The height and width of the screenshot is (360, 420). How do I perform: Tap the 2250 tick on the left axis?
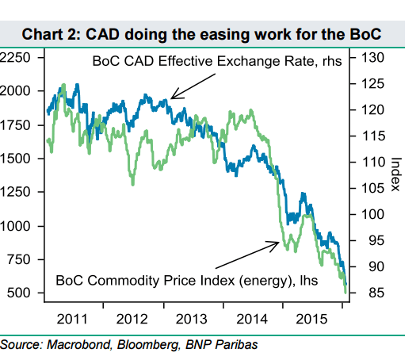click(15, 57)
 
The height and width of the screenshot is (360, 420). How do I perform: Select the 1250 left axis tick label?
click(15, 192)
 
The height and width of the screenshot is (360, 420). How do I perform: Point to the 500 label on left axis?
click(18, 293)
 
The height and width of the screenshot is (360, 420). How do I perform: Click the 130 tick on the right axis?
click(373, 57)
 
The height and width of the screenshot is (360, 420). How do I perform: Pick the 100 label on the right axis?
click(373, 214)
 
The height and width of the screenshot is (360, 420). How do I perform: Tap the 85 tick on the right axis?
click(376, 293)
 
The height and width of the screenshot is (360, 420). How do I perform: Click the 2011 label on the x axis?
click(72, 319)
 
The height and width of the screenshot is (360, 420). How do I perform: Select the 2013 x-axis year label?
click(191, 319)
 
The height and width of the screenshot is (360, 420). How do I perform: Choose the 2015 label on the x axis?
click(311, 319)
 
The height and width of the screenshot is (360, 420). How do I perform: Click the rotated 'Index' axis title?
click(396, 174)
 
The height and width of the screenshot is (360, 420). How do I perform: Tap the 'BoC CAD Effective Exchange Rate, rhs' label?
click(217, 61)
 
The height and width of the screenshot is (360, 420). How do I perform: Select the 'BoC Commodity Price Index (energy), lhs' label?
click(187, 281)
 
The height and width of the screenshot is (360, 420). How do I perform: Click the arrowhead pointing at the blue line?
click(171, 98)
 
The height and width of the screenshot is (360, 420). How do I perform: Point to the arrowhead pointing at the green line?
click(279, 243)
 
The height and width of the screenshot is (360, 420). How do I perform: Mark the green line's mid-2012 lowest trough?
click(133, 184)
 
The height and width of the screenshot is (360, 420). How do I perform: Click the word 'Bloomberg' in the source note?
click(148, 345)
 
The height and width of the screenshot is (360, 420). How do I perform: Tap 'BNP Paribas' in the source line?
click(222, 345)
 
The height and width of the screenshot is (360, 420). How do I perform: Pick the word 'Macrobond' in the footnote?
click(79, 345)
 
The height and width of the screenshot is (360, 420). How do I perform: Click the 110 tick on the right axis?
click(373, 162)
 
